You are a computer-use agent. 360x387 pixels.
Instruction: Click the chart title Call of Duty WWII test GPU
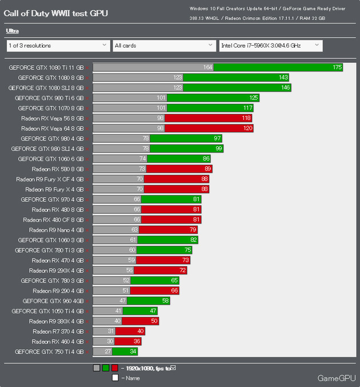point(55,13)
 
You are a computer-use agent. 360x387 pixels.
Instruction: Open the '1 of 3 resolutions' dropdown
point(58,45)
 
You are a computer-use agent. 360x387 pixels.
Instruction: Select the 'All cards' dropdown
point(163,45)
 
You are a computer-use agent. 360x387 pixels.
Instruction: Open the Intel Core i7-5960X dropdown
point(270,45)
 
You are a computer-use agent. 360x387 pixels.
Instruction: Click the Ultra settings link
point(12,31)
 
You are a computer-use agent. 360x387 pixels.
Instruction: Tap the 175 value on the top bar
point(337,67)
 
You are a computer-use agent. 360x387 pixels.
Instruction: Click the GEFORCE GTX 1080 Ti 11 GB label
point(46,67)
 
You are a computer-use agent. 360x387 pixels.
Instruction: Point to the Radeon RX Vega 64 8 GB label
point(52,128)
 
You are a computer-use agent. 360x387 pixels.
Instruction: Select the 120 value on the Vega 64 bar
point(247,128)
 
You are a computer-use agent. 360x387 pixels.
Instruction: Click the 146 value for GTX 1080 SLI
point(285,87)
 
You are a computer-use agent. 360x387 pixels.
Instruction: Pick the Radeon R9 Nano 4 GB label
point(56,230)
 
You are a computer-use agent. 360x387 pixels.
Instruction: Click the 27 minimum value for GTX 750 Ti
point(107,352)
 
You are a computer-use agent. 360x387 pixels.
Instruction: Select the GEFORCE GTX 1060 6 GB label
point(51,159)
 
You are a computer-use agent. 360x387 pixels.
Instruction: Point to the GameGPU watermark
point(337,378)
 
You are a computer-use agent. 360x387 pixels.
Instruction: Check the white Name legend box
point(115,378)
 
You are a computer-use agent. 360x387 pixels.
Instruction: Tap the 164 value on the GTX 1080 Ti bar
point(208,67)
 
